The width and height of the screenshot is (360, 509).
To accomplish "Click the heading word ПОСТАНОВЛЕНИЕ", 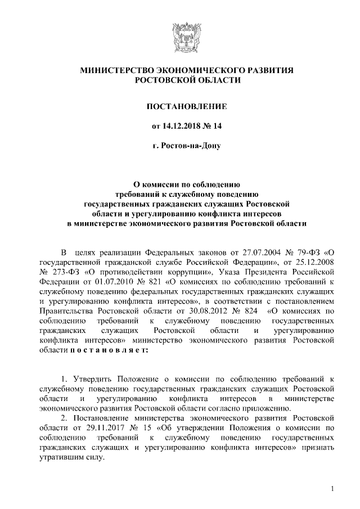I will [x=179, y=106].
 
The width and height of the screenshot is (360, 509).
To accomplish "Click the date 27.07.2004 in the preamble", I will [x=257, y=250].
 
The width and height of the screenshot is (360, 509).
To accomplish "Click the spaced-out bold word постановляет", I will [x=109, y=350].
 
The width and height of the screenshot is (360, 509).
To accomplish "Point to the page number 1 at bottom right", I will [x=334, y=488].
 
